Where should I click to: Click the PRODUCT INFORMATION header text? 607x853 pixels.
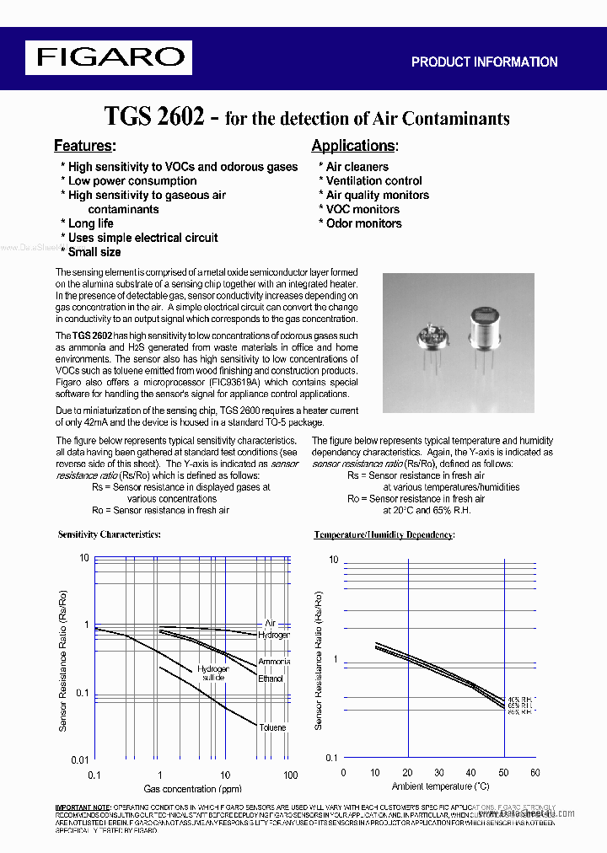pos(484,62)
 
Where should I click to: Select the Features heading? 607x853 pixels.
pos(84,146)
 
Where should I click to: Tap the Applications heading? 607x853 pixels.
pos(354,146)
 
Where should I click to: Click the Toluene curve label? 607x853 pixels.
pos(272,727)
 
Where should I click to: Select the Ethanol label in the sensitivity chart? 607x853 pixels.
pos(271,679)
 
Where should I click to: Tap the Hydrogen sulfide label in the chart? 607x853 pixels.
pos(212,673)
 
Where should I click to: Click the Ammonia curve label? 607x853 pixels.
pos(274,662)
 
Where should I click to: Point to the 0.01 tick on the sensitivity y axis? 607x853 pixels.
pos(78,760)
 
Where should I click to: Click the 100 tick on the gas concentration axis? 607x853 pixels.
pos(290,775)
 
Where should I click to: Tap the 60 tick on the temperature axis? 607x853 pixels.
pos(534,772)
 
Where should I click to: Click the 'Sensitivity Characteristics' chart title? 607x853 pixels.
pos(109,534)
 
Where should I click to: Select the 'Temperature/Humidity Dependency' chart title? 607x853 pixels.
pos(384,535)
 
